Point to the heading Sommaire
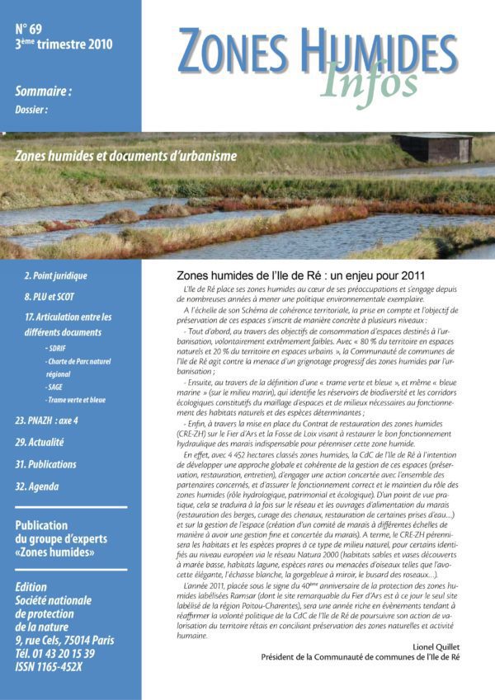coord(43,92)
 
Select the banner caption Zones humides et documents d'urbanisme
coord(126,155)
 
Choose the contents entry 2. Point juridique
coord(55,275)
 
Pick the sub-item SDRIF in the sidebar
coord(58,348)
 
